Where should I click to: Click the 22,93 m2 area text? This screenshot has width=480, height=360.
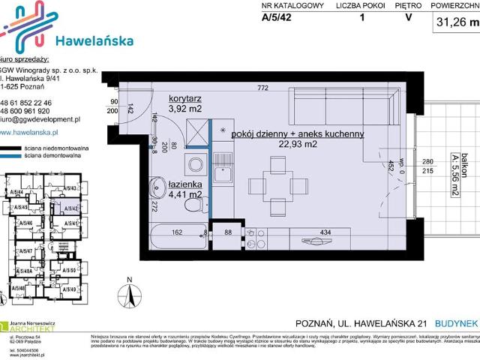pyautogui.click(x=298, y=145)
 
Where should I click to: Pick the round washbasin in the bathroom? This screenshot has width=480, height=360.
pyautogui.click(x=157, y=185)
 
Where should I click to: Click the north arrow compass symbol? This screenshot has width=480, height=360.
pyautogui.click(x=129, y=295)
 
